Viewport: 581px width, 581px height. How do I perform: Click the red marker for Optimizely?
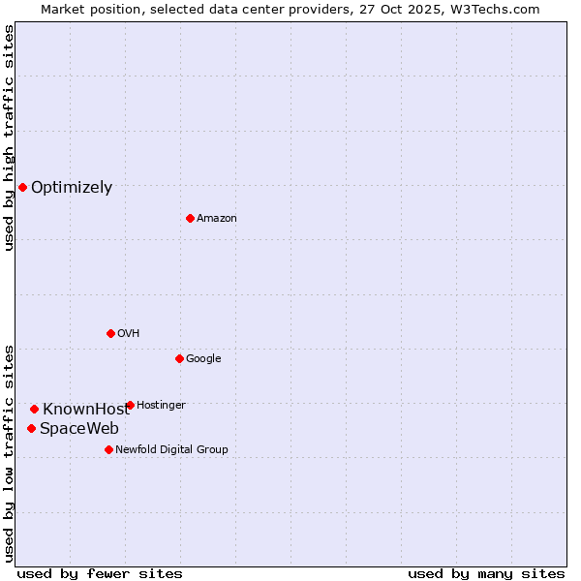(x=22, y=187)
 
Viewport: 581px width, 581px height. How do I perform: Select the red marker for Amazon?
(x=190, y=218)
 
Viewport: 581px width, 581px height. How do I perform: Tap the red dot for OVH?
(x=110, y=333)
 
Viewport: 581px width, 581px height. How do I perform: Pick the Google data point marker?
(x=179, y=358)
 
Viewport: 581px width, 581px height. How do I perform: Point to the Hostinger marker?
(x=130, y=405)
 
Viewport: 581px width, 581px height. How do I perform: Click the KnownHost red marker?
(x=34, y=409)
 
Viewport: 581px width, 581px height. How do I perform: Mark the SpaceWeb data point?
(x=31, y=428)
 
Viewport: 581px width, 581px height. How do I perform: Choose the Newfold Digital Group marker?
(x=108, y=449)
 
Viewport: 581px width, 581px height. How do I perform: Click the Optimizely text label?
(x=72, y=188)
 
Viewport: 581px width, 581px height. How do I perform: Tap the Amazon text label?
(x=217, y=219)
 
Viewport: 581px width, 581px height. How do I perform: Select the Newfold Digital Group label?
(x=171, y=449)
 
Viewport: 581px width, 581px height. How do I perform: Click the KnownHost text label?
(x=85, y=409)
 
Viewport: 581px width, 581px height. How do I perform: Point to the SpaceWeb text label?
(x=79, y=428)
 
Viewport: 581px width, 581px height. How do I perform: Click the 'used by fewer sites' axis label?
(x=100, y=573)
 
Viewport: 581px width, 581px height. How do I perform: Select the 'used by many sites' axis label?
(x=486, y=573)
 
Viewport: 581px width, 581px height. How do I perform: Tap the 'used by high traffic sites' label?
(x=9, y=138)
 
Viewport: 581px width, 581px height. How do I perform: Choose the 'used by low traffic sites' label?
(x=9, y=453)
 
